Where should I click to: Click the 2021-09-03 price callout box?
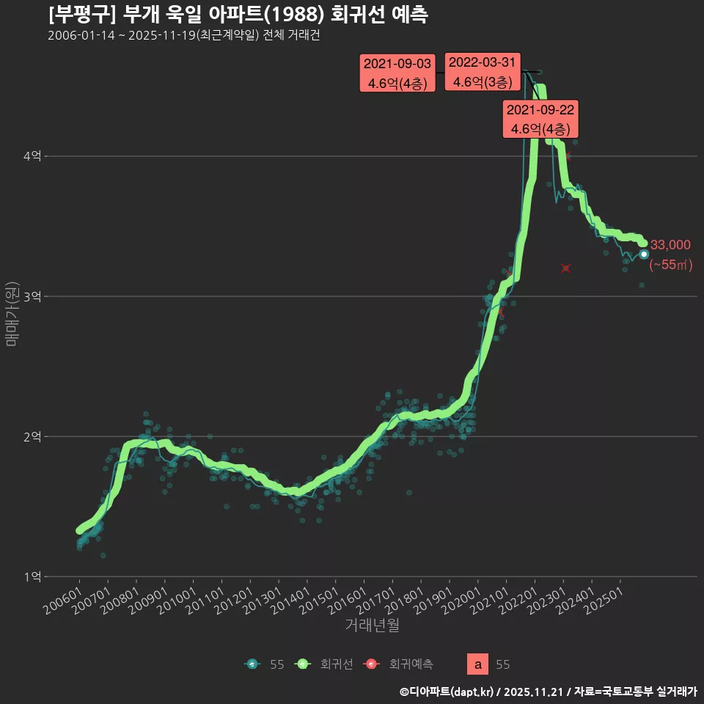[x=397, y=73]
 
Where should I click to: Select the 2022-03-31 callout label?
[x=483, y=72]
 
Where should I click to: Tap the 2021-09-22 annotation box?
[x=540, y=119]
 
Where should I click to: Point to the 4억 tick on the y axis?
[x=32, y=156]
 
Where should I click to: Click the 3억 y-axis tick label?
[x=32, y=296]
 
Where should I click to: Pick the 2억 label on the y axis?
[x=32, y=436]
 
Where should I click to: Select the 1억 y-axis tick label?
[x=32, y=576]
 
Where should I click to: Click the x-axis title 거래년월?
[x=373, y=625]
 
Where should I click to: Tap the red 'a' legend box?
[x=478, y=664]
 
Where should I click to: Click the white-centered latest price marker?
[x=644, y=254]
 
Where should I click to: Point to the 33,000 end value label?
[x=670, y=245]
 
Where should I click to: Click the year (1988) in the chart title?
[x=293, y=15]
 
